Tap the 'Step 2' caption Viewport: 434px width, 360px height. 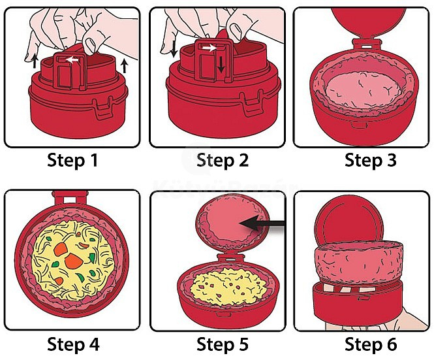coord(223,160)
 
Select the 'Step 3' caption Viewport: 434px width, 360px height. coord(370,160)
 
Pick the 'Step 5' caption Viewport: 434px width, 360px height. coord(223,343)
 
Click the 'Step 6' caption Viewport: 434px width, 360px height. coord(370,343)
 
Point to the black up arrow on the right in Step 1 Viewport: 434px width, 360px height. coord(123,65)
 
